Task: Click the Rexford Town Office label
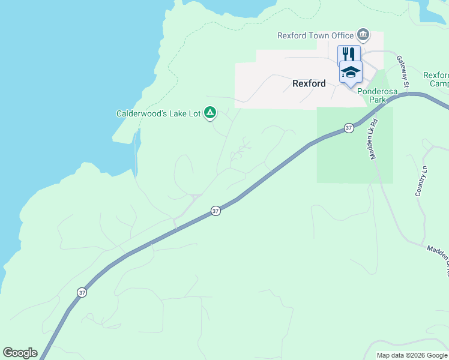(x=316, y=35)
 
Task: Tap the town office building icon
(x=363, y=34)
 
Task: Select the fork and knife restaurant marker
(x=349, y=53)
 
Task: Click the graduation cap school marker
(x=351, y=72)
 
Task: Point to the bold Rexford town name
(x=309, y=83)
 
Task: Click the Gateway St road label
(x=403, y=72)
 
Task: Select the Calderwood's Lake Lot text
(x=158, y=113)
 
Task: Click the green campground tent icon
(x=210, y=112)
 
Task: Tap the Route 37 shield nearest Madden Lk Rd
(x=349, y=128)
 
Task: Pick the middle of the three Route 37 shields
(x=216, y=211)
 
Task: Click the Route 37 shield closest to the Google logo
(x=82, y=292)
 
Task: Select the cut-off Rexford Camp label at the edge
(x=436, y=79)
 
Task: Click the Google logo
(x=20, y=353)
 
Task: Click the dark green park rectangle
(x=354, y=156)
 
